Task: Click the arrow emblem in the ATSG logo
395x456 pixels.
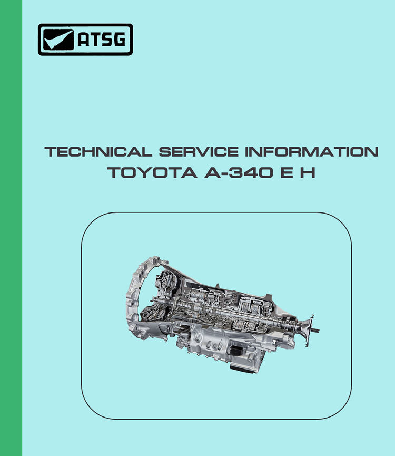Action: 58,39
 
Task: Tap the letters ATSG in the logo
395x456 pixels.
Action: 102,39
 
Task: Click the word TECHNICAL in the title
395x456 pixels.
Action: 98,151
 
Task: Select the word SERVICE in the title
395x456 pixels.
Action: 199,151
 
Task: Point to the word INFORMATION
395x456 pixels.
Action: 312,151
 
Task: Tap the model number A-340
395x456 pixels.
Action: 239,173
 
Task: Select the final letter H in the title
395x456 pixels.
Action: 308,173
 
